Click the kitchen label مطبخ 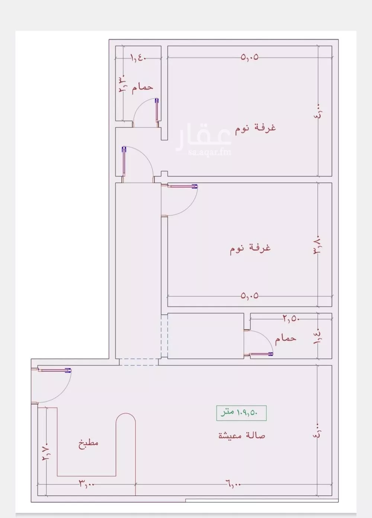[89, 443]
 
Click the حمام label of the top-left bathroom [142, 87]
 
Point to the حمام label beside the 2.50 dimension [286, 338]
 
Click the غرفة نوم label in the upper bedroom [255, 128]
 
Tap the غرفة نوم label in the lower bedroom [250, 248]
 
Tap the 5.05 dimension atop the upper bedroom [250, 57]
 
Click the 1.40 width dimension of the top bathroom [137, 58]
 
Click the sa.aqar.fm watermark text [204, 152]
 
